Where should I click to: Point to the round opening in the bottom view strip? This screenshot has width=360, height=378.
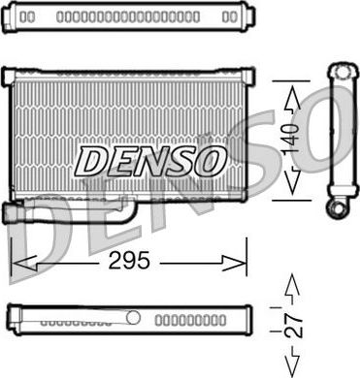point(134,318)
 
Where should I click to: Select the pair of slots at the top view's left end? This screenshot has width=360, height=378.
point(28,17)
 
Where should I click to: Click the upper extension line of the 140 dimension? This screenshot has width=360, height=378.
point(277,78)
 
